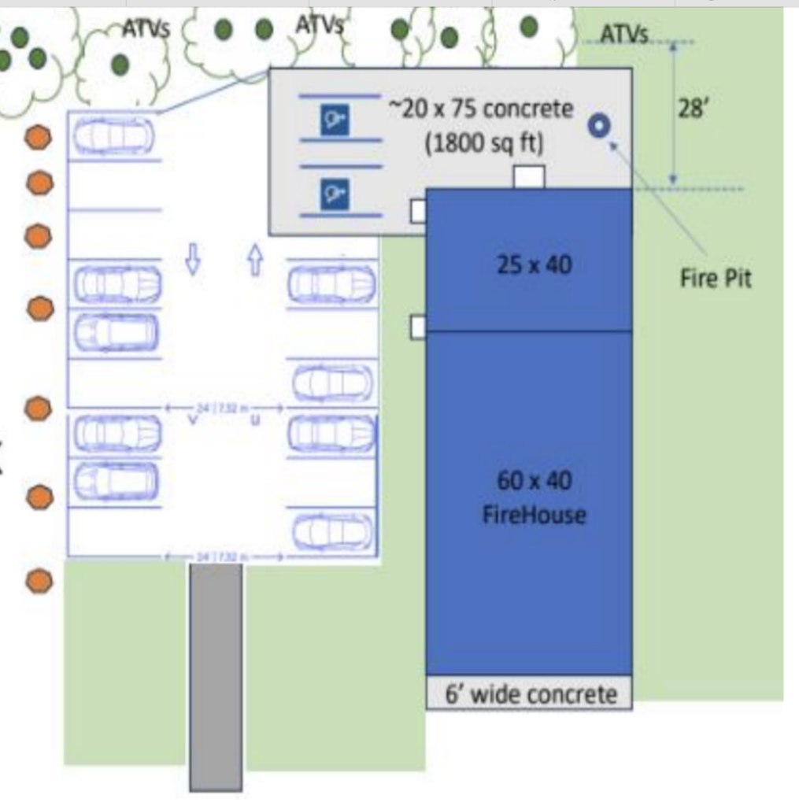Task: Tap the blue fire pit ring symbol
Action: tap(599, 127)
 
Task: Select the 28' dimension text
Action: tap(693, 109)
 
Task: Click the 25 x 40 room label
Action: tap(534, 265)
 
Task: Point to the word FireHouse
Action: tap(534, 516)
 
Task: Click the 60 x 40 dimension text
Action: tap(534, 479)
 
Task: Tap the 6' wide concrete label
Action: tap(531, 694)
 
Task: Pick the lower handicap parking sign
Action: tap(335, 193)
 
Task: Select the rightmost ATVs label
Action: tap(623, 34)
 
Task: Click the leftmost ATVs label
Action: tap(146, 29)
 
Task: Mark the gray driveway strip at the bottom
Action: tap(216, 677)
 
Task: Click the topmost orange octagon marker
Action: tap(38, 138)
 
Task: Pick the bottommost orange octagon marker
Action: tap(39, 582)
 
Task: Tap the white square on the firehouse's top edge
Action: tap(528, 178)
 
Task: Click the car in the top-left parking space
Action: tap(114, 136)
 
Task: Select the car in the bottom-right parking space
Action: tap(333, 532)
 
